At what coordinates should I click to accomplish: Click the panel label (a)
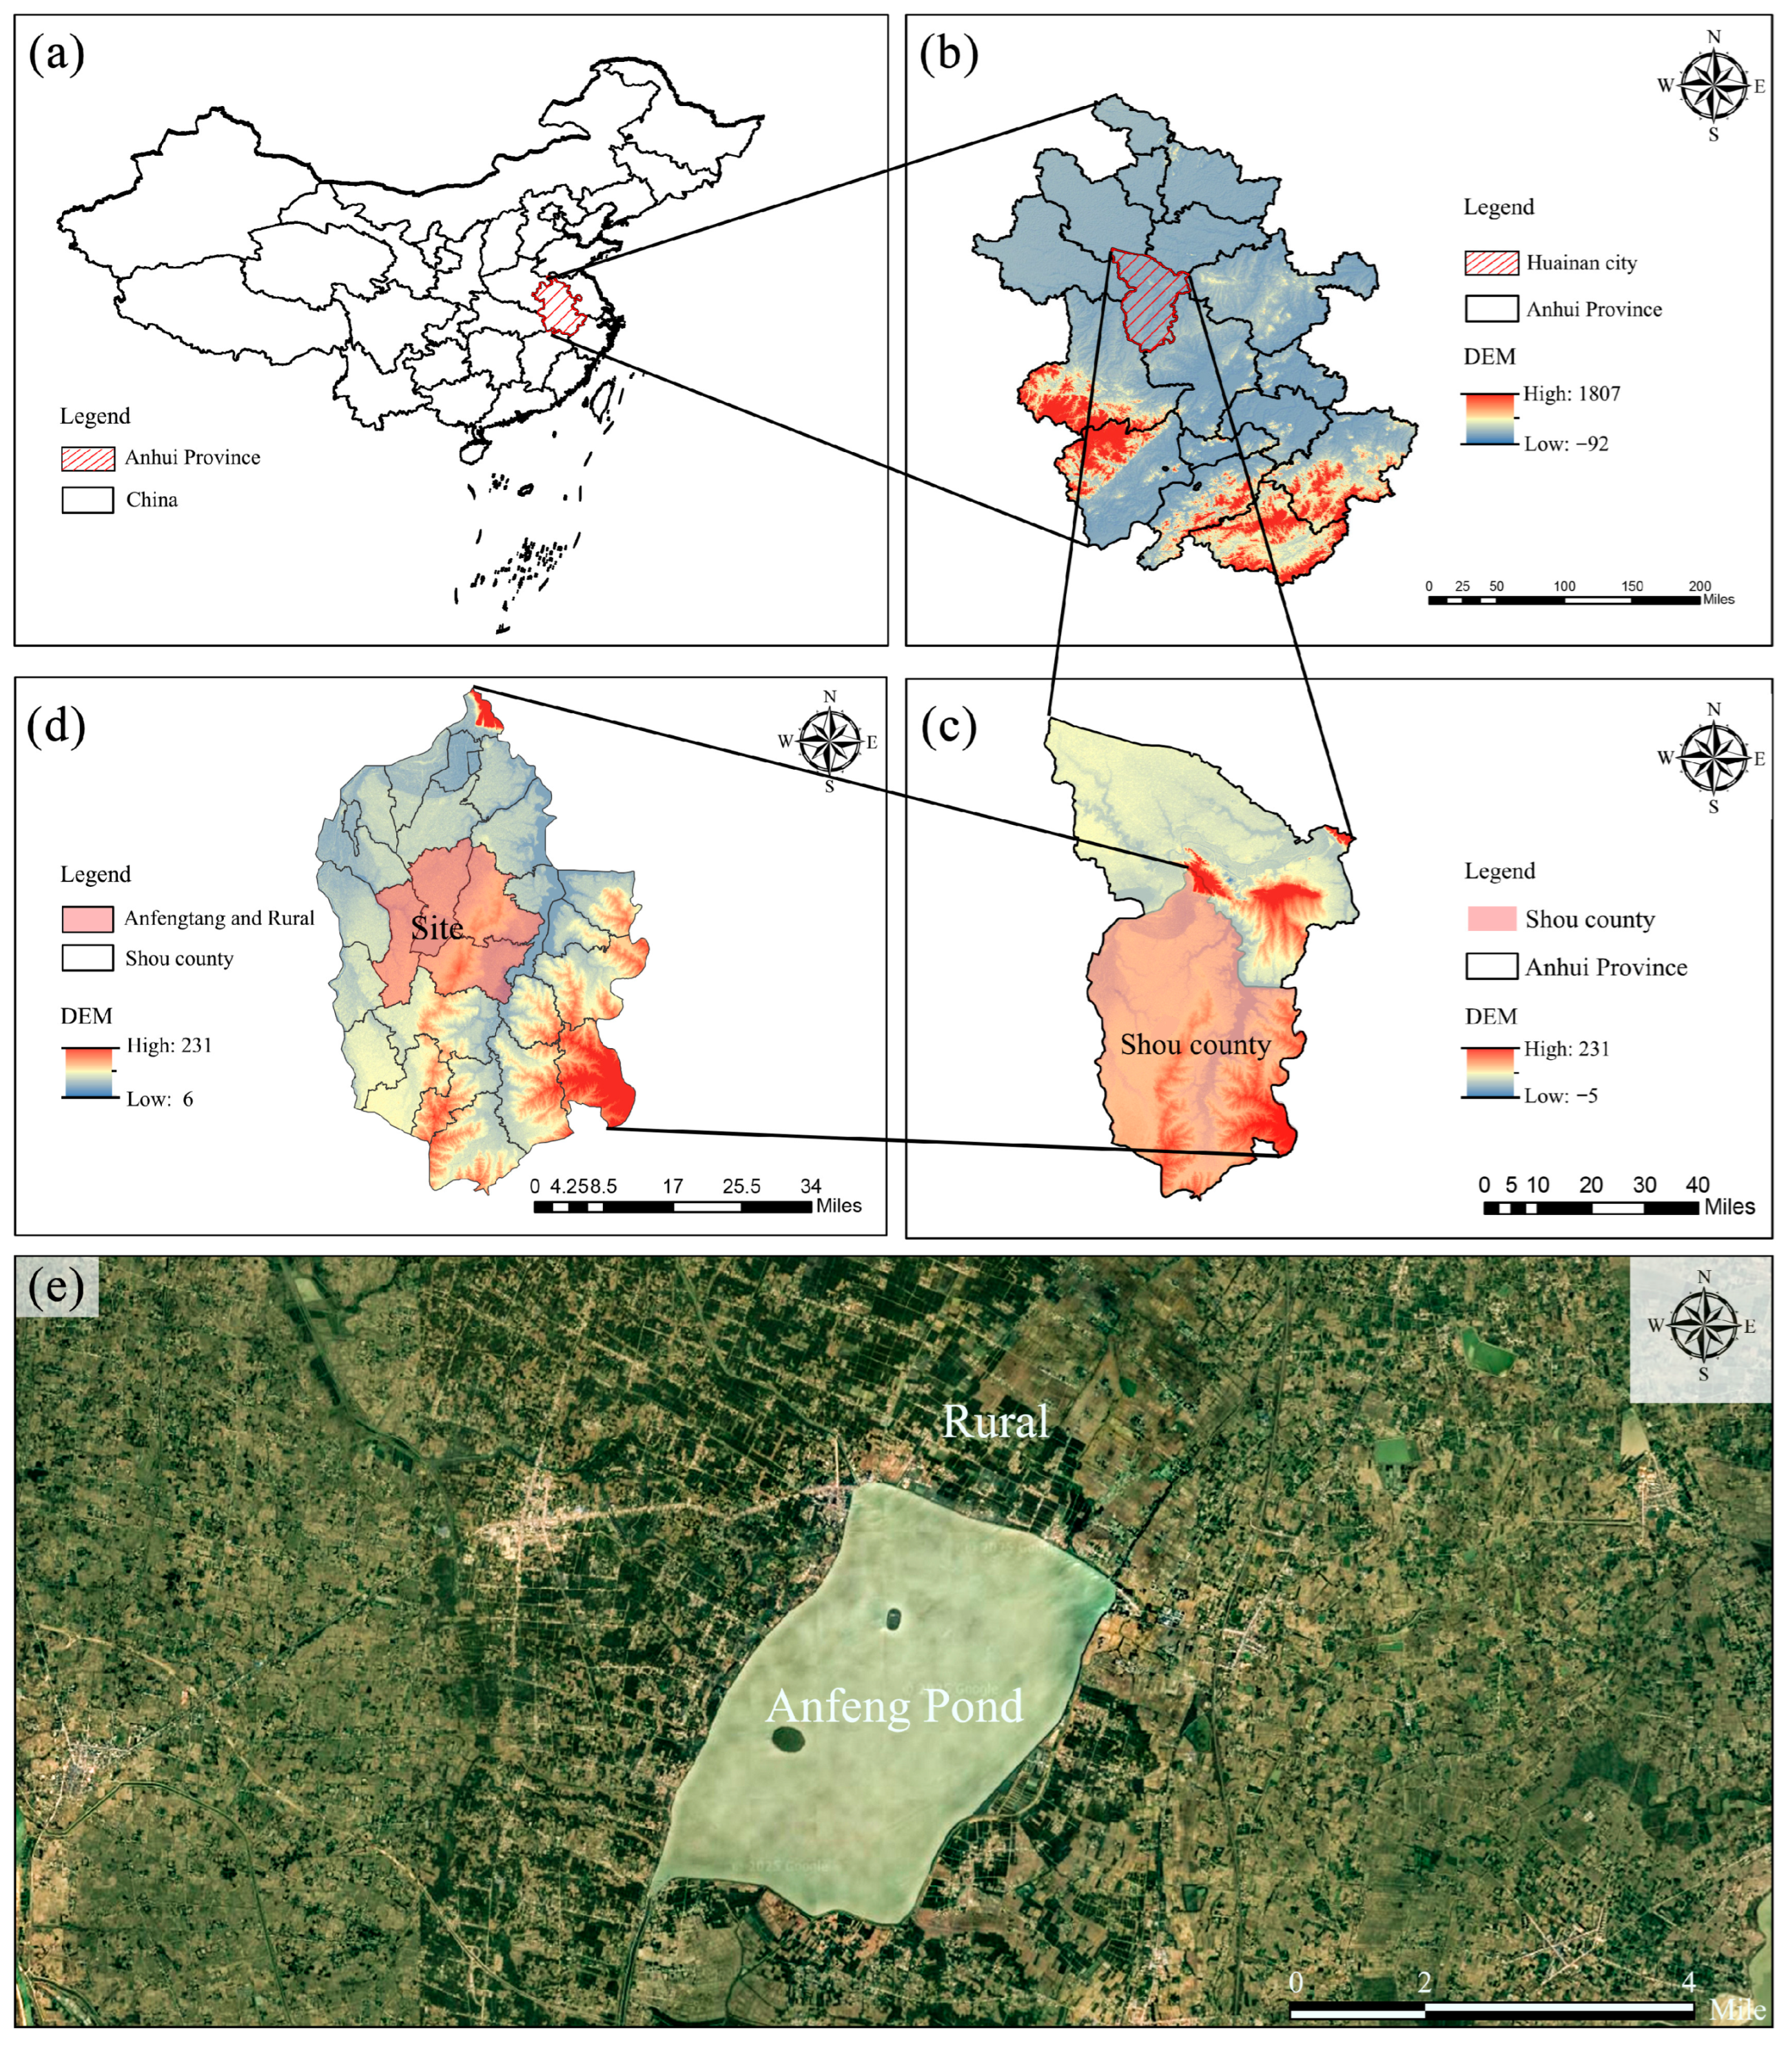click(56, 54)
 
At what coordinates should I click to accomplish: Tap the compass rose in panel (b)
click(1713, 85)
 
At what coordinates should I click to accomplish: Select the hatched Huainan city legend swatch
click(1491, 263)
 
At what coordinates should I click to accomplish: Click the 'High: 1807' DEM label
click(1572, 393)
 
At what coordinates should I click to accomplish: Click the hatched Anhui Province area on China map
click(559, 307)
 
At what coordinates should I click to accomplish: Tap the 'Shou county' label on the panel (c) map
click(1195, 1045)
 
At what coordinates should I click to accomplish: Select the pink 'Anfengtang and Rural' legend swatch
click(87, 919)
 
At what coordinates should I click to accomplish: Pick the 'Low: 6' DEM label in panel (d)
click(159, 1099)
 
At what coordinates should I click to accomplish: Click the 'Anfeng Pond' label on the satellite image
click(894, 1706)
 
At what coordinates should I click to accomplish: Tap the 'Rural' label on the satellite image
click(995, 1421)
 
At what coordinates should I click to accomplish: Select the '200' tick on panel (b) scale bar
click(1699, 586)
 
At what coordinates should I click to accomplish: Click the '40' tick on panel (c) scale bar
click(1697, 1185)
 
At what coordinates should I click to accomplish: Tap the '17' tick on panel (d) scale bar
click(673, 1186)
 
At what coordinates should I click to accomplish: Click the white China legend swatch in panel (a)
click(88, 500)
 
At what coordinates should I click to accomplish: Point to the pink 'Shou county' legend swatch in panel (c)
click(1491, 919)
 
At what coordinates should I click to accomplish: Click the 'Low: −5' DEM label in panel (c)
click(1561, 1095)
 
